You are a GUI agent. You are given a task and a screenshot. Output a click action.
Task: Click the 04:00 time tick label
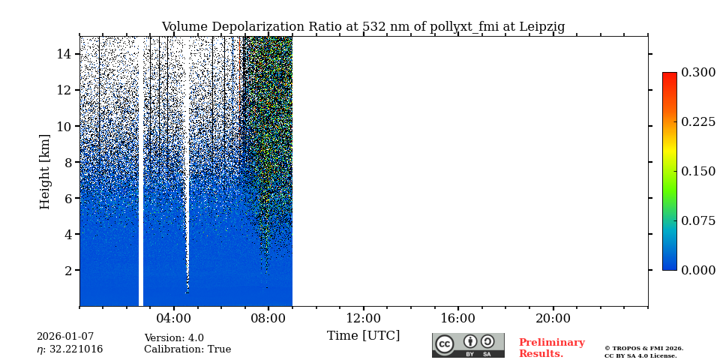click(174, 318)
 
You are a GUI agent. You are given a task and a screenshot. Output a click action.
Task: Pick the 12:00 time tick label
click(364, 318)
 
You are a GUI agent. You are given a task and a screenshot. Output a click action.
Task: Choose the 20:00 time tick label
click(553, 318)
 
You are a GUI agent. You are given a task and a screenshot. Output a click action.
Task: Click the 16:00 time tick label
click(458, 318)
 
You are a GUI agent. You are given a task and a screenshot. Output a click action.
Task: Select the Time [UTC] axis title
click(363, 335)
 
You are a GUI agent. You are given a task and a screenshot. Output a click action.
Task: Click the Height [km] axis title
click(45, 171)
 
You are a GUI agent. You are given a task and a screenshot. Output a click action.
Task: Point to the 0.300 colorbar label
click(698, 73)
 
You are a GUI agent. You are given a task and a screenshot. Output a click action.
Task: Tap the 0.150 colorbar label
click(698, 171)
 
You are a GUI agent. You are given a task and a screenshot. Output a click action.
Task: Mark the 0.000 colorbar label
click(698, 270)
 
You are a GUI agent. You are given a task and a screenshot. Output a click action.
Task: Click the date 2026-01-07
click(65, 337)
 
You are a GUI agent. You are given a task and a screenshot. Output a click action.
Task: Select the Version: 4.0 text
click(174, 338)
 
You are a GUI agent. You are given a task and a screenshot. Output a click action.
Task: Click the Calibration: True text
click(187, 349)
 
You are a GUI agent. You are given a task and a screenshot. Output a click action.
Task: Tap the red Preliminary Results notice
click(551, 348)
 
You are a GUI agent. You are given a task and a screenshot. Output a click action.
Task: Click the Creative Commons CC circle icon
click(445, 344)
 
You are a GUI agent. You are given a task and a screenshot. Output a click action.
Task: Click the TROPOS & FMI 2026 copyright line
click(643, 348)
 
